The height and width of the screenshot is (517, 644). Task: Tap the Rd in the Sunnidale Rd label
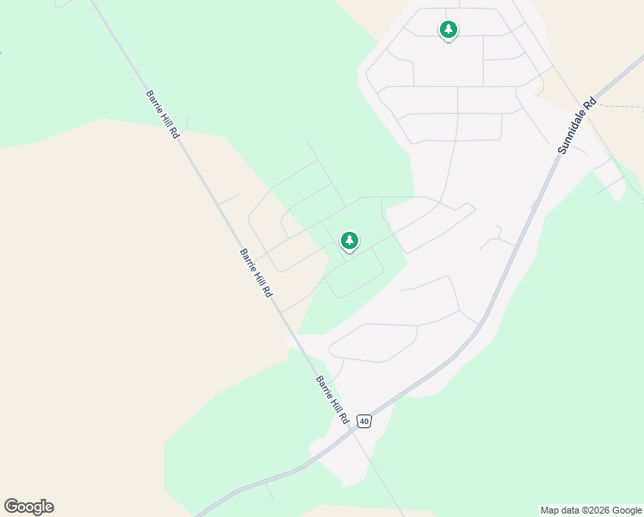[x=590, y=103]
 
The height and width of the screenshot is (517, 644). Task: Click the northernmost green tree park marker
[x=448, y=30]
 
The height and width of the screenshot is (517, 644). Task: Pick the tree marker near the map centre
[x=349, y=240]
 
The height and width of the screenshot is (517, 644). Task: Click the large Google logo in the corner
[x=28, y=507]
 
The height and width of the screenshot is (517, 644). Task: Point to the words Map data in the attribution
[x=560, y=510]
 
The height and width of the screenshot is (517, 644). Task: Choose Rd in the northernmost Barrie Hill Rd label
[x=176, y=134]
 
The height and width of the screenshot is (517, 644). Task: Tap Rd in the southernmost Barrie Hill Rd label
[x=344, y=419]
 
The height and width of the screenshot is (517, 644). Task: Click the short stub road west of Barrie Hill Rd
[x=227, y=200]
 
